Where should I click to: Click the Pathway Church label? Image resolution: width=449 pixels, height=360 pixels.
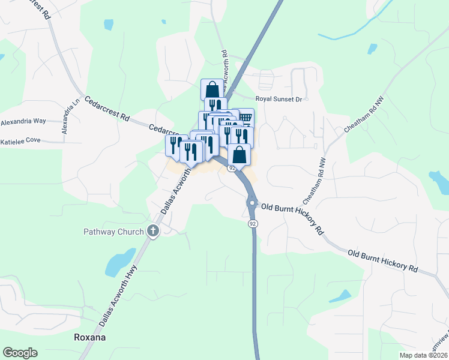tap(113, 232)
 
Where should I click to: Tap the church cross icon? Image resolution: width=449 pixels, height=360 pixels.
tap(152, 230)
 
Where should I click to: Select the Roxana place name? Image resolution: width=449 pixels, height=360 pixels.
tap(89, 337)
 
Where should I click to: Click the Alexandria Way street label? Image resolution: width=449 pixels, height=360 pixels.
tap(23, 121)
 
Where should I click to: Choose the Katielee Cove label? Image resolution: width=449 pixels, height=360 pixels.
tap(20, 140)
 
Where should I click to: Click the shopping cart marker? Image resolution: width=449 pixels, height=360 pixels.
tap(245, 116)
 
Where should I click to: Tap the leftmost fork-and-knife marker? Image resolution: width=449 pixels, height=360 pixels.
tap(176, 145)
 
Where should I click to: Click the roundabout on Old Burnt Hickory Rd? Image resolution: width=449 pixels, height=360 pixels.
tap(253, 204)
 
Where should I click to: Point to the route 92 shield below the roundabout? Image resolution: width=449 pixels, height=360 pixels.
tap(253, 223)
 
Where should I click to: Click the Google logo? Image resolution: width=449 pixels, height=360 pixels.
tap(20, 353)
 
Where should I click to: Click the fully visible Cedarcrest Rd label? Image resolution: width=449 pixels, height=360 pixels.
tap(107, 107)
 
